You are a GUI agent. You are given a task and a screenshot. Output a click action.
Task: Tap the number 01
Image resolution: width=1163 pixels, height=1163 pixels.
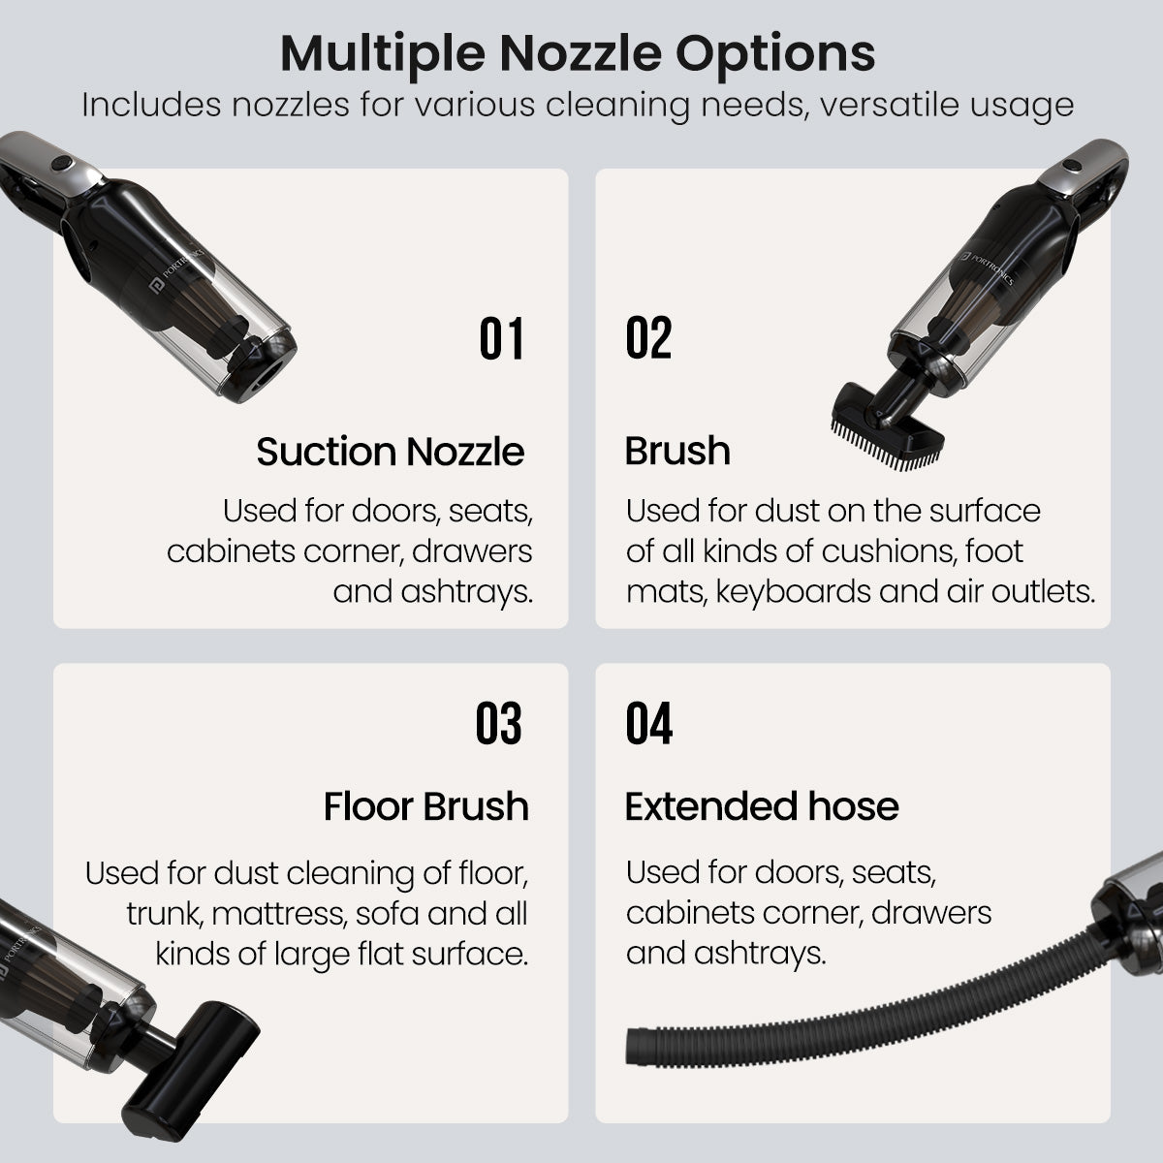pyautogui.click(x=502, y=339)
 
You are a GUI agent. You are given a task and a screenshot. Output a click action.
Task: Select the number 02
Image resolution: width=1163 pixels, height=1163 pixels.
pyautogui.click(x=648, y=339)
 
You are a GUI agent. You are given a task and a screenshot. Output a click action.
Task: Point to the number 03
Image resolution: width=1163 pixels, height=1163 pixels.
pyautogui.click(x=498, y=724)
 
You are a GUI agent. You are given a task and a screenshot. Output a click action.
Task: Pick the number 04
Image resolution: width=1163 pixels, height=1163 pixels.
pyautogui.click(x=648, y=724)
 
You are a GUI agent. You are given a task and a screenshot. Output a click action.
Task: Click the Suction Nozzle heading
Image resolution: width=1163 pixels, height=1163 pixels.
pyautogui.click(x=390, y=452)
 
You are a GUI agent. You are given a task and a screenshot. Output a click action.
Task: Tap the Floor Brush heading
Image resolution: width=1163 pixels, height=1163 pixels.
pyautogui.click(x=425, y=806)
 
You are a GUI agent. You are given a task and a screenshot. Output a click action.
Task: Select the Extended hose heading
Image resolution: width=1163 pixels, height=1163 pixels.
pyautogui.click(x=762, y=806)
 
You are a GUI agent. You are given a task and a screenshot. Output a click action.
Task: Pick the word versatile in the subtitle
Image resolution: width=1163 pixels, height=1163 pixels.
pyautogui.click(x=881, y=105)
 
